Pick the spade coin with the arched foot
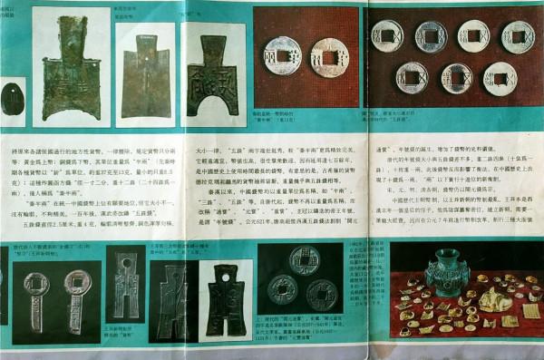pyautogui.click(x=214, y=81)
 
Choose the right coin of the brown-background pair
pyautogui.click(x=326, y=56)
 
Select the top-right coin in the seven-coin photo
pyautogui.click(x=517, y=36)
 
